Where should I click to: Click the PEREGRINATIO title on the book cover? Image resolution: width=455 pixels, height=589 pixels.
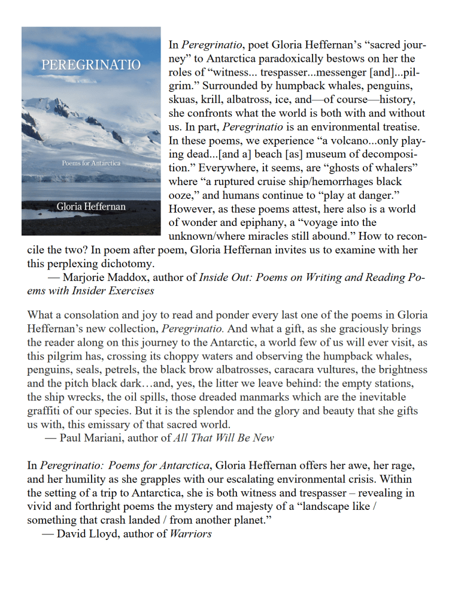click(x=91, y=65)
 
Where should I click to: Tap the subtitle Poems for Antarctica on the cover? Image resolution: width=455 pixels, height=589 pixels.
click(x=91, y=163)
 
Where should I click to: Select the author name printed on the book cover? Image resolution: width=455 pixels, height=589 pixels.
click(x=91, y=206)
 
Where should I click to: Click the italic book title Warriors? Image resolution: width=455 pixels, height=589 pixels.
click(x=191, y=533)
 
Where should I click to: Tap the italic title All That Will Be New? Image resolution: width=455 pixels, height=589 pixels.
click(x=223, y=437)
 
